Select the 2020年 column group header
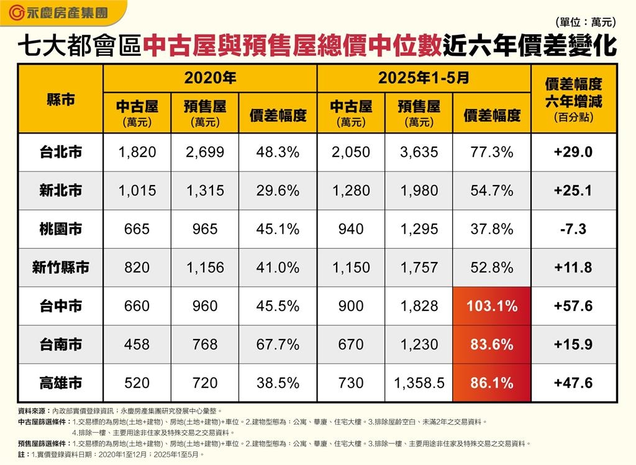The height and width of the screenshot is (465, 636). [x=210, y=78]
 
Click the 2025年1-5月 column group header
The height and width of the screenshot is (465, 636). [x=424, y=78]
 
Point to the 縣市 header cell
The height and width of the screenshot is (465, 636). [x=61, y=99]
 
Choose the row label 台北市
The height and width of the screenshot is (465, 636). [x=61, y=152]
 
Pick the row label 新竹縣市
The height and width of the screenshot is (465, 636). [x=61, y=268]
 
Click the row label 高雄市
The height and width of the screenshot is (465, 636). [x=61, y=383]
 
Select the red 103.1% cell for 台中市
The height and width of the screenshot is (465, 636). [x=492, y=306]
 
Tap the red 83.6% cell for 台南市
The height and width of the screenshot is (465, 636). [x=492, y=345]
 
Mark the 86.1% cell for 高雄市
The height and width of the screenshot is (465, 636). [x=492, y=383]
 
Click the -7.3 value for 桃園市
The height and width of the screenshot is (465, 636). [x=573, y=229]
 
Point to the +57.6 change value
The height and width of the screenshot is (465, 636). [x=573, y=306]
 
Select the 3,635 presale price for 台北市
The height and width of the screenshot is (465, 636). [x=419, y=152]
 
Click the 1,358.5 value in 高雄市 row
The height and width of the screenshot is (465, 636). [x=419, y=383]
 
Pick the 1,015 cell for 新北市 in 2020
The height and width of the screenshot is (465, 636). [x=137, y=191]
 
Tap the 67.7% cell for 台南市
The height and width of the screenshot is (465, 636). [x=278, y=345]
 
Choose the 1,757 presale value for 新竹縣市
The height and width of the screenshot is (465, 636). [x=419, y=268]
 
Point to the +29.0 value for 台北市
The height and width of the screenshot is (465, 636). [x=573, y=152]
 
